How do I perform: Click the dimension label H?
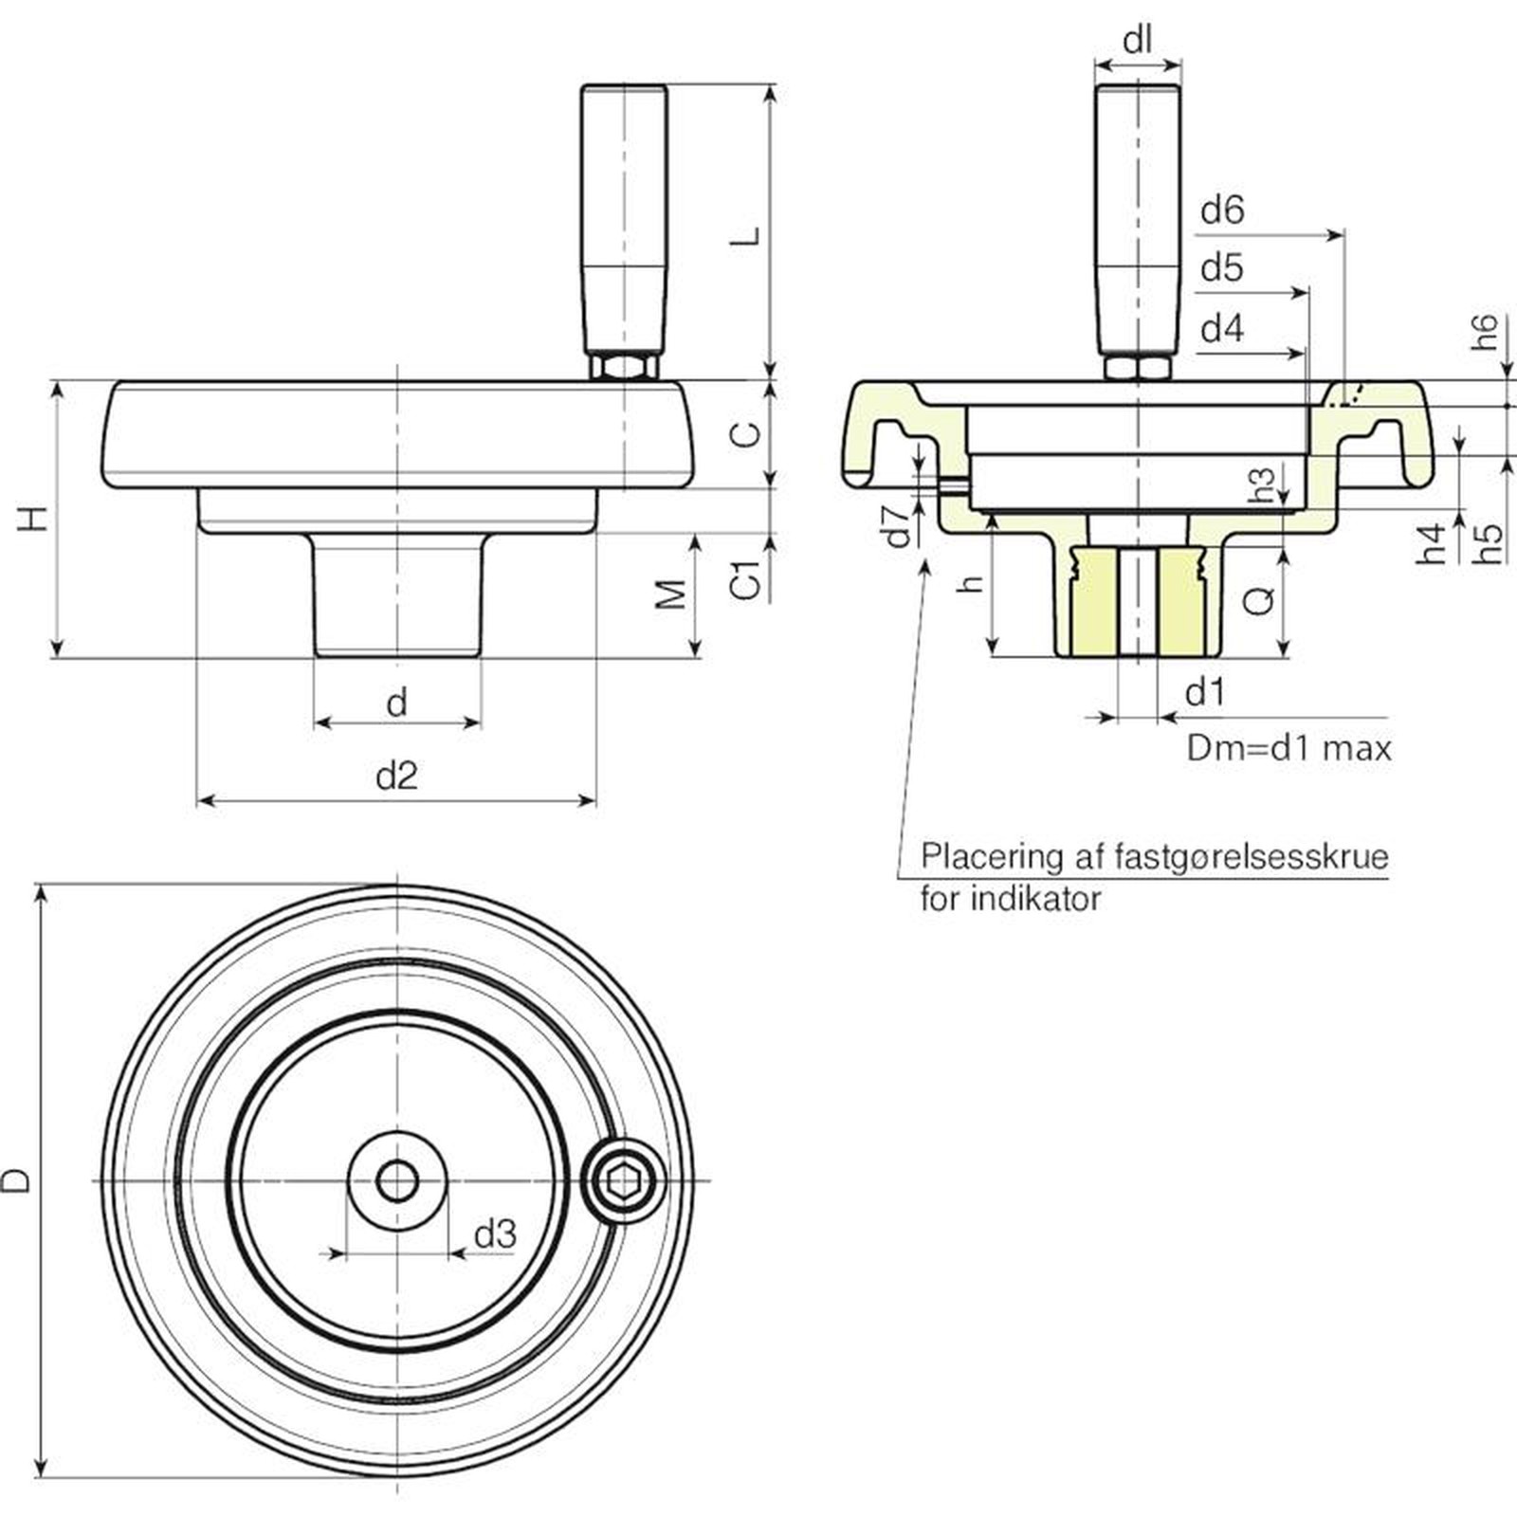coord(35,519)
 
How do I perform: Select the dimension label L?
coord(748,234)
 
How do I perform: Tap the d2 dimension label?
coord(396,777)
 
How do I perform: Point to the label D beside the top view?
coord(18,1180)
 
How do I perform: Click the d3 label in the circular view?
coord(495,1234)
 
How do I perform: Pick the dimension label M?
coord(671,594)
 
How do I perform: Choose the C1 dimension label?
coord(748,579)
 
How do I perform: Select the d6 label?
coord(1222,210)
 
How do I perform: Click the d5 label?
coord(1221,269)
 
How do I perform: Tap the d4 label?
coord(1221,330)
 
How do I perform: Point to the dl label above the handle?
coord(1137,41)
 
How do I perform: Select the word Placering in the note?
coord(979,857)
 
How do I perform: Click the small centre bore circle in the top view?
coord(396,1181)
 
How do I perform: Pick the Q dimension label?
coord(1259,599)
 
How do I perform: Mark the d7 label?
coord(897,526)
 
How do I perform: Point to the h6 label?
coord(1486,333)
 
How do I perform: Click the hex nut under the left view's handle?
coord(623,365)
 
